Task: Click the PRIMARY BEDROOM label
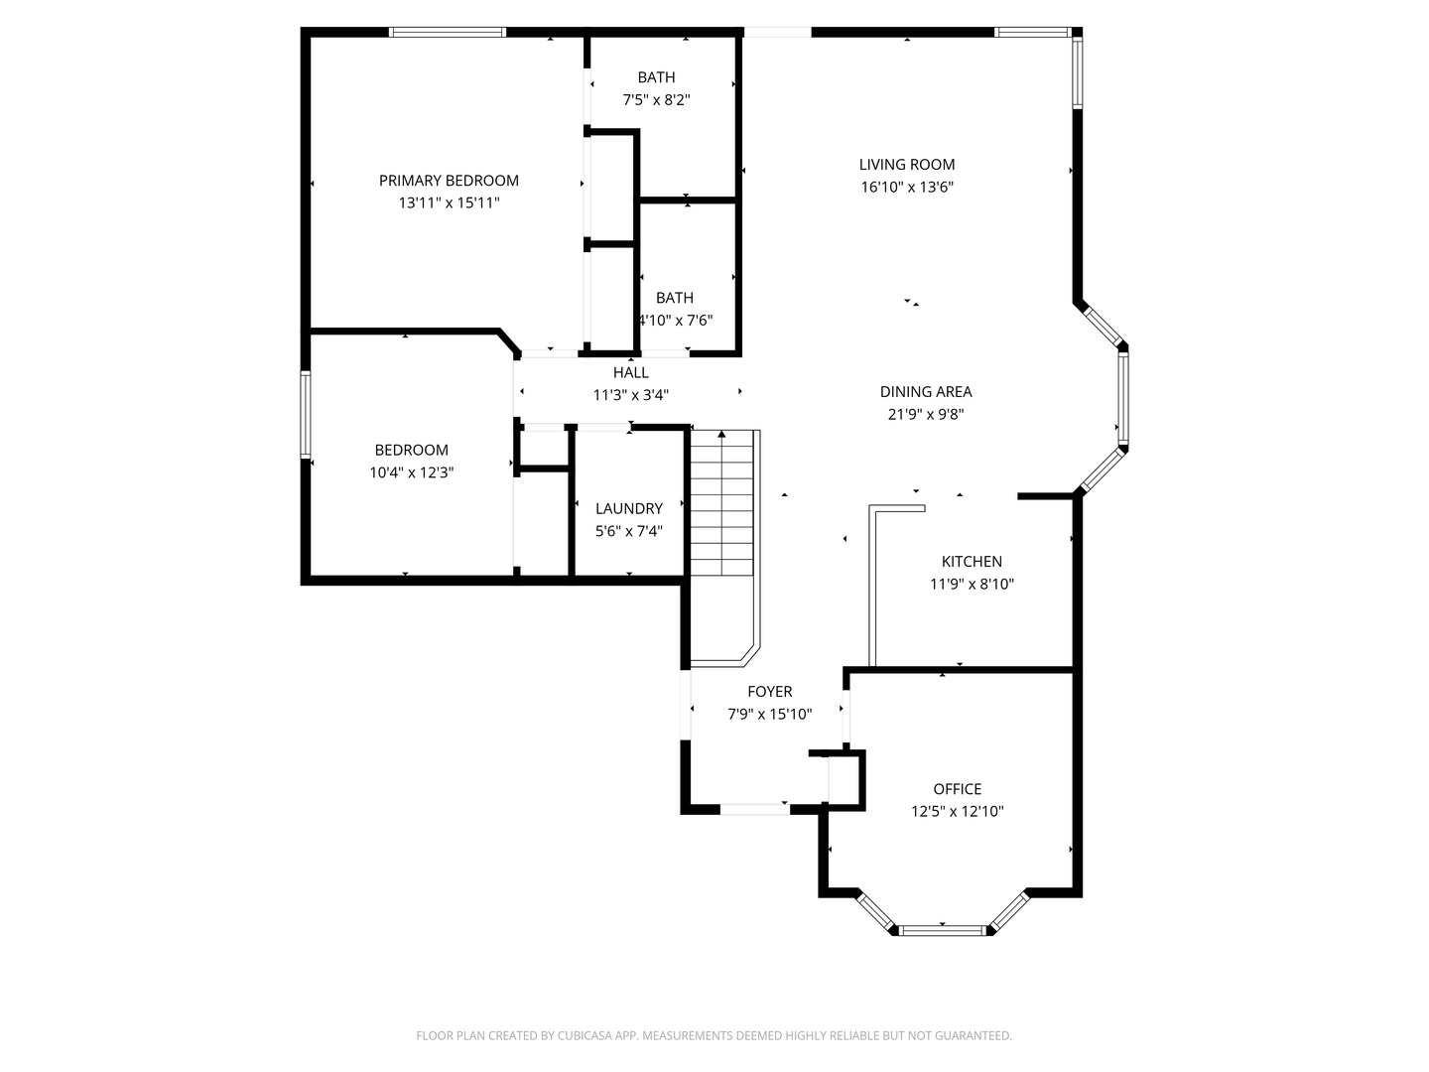click(449, 181)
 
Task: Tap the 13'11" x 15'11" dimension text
click(449, 203)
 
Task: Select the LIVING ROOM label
click(907, 165)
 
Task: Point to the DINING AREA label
click(926, 392)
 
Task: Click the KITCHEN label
click(972, 562)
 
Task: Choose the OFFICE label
click(958, 789)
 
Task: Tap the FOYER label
click(770, 692)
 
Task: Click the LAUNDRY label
click(629, 509)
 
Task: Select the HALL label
click(631, 373)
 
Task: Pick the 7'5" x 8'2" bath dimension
click(656, 100)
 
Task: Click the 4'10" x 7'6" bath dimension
click(676, 321)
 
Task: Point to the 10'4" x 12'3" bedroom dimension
click(412, 473)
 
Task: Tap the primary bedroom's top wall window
click(448, 33)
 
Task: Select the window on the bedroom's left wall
click(306, 414)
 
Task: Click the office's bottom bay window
click(943, 930)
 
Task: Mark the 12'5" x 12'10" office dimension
click(958, 812)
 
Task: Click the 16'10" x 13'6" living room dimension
click(907, 188)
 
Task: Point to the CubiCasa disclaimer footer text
click(714, 1036)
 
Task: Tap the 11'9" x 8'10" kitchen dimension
click(972, 585)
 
